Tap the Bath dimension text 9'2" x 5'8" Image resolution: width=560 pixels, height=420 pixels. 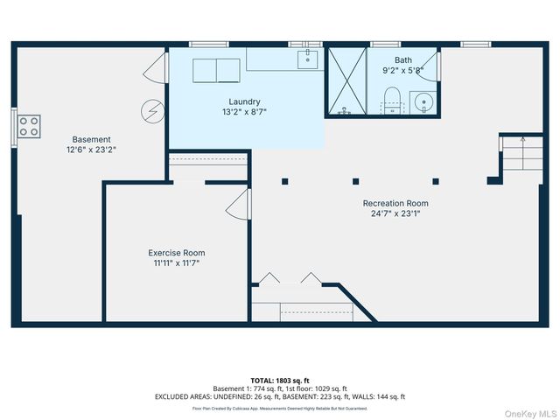point(402,70)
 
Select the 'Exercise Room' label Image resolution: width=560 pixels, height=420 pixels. point(176,252)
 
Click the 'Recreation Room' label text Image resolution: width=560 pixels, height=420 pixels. point(395,203)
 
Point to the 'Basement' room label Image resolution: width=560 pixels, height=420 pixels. point(91,139)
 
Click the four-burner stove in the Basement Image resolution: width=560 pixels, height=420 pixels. point(29,126)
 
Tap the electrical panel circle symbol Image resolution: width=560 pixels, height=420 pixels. point(152,110)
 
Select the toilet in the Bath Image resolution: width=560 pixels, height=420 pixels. point(392,100)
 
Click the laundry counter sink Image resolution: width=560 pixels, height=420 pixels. point(308,59)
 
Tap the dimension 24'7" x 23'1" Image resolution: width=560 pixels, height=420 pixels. point(395,213)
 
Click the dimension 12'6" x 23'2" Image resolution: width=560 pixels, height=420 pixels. point(91,150)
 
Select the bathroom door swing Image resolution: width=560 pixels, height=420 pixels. point(430,65)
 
